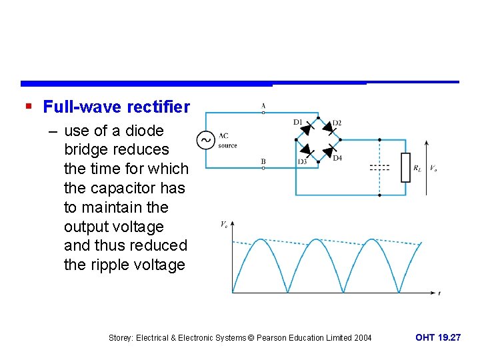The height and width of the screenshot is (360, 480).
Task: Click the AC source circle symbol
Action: click(x=205, y=140)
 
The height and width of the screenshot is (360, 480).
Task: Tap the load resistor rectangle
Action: click(x=405, y=167)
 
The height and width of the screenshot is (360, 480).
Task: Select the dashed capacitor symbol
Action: click(x=379, y=167)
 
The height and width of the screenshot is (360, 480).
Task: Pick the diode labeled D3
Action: click(x=307, y=151)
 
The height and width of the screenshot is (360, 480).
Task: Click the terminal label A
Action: click(x=263, y=106)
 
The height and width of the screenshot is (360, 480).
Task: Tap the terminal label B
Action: click(x=263, y=161)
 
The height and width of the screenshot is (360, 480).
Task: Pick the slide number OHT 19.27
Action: click(x=437, y=338)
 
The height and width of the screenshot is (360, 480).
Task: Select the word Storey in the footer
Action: click(x=121, y=338)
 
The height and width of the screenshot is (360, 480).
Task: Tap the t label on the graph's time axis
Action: click(x=439, y=293)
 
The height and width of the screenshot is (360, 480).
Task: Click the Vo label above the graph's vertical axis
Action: click(x=224, y=225)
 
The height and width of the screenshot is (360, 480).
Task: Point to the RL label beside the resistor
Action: click(x=417, y=168)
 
